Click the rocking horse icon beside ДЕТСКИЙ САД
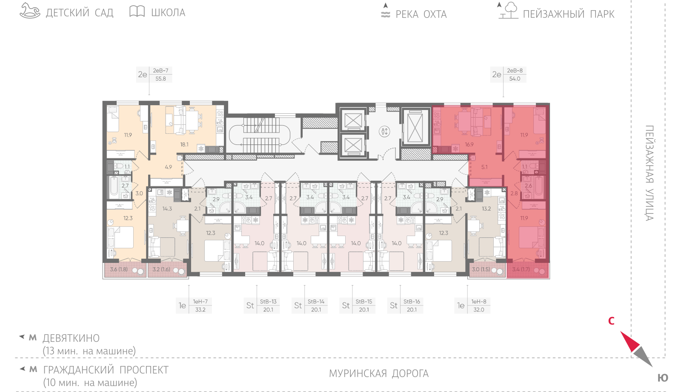pos(30,11)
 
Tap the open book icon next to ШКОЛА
pos(137,11)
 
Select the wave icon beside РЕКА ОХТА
pos(386,14)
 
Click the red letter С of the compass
pos(611,321)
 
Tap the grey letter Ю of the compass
pos(663,378)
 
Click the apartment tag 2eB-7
pos(160,70)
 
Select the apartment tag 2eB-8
pos(515,70)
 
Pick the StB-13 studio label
pos(268,302)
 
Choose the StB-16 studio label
pos(412,302)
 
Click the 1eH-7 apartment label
pos(200,302)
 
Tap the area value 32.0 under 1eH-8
pos(479,310)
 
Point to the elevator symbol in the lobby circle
pos(385,132)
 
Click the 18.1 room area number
pos(184,144)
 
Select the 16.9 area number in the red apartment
pos(469,144)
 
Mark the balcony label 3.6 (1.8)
pos(119,269)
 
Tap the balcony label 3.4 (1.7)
pos(521,269)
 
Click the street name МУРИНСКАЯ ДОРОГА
pos(379,373)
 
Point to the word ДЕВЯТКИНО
pos(71,338)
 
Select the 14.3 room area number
pos(167,209)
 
